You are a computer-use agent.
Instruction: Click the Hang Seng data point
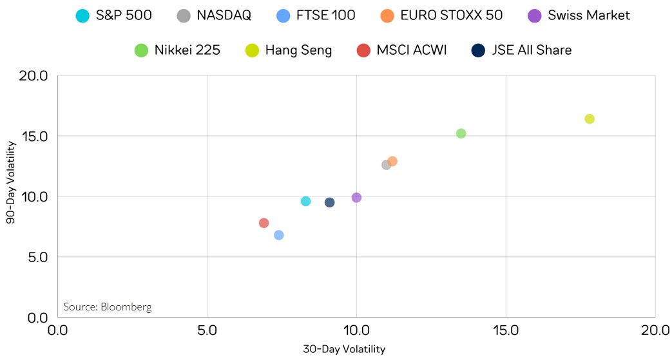coord(589,119)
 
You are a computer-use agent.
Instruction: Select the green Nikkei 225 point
coord(461,133)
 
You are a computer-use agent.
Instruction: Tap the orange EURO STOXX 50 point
coord(392,161)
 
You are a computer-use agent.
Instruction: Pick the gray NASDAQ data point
coord(386,165)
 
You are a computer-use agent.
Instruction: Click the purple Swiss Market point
coord(356,198)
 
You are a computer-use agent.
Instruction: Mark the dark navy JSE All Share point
coord(329,202)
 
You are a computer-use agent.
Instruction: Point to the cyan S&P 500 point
coord(305,201)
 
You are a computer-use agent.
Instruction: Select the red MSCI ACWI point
coord(264,223)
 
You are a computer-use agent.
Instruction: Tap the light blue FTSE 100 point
coord(278,235)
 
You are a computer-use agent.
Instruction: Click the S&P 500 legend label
coord(124,15)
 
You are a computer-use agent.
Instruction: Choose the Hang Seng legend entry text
coord(298,50)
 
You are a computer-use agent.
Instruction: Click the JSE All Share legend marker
coord(479,50)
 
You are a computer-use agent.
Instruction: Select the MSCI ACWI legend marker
coord(363,50)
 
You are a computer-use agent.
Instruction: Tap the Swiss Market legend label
coord(589,15)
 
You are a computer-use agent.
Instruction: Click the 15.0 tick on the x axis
coord(506,330)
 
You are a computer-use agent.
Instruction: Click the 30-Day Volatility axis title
coord(344,350)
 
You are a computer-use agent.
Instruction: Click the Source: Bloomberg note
coord(107,307)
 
